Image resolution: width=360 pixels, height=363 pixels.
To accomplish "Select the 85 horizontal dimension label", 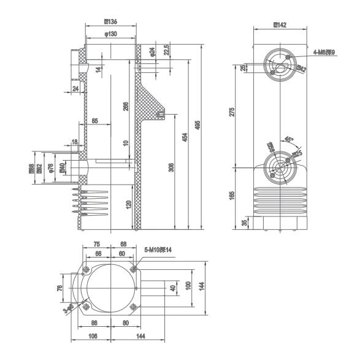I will [95, 121].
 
